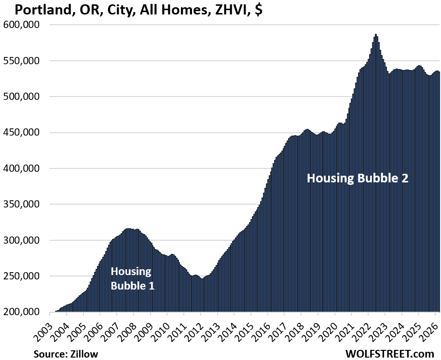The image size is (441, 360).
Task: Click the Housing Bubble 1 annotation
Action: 132,278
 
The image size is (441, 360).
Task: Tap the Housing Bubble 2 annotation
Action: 358,178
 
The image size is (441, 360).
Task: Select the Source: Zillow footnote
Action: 66,354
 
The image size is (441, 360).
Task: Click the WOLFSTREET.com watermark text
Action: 389,354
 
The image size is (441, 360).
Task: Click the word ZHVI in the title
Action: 231,10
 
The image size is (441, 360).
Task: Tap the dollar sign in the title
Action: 259,10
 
